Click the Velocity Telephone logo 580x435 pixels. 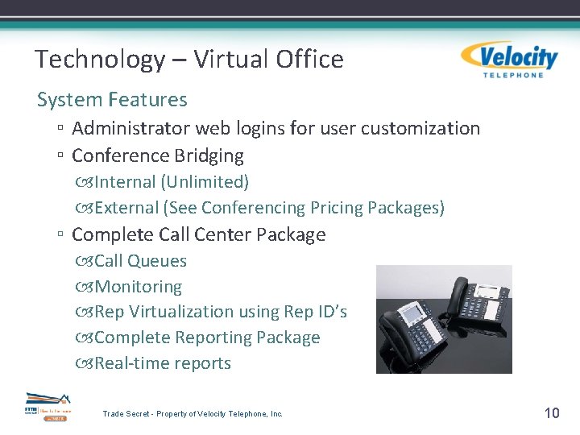[x=509, y=60]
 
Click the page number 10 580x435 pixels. [x=552, y=413]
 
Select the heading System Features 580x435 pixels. [x=112, y=100]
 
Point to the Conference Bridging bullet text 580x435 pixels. [x=157, y=155]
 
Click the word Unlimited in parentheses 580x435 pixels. [x=205, y=182]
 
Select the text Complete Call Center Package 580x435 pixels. [x=198, y=235]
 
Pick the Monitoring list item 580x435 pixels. [x=138, y=287]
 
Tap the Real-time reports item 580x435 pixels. [x=162, y=363]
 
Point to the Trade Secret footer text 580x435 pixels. [x=193, y=414]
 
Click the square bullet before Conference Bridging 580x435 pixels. [x=61, y=155]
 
